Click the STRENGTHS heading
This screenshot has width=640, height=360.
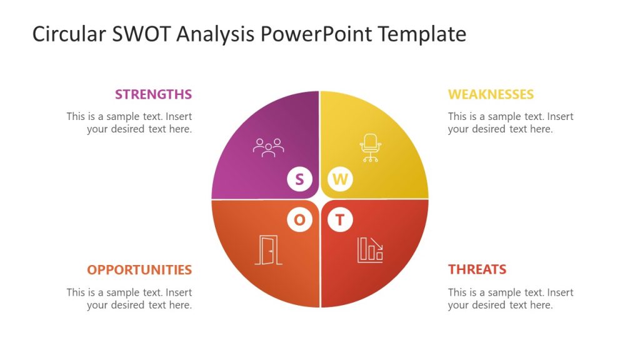[x=153, y=94]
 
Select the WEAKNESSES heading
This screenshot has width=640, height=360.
[x=491, y=94]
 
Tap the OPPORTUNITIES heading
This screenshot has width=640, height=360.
[x=139, y=270]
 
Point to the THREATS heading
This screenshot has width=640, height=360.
[x=477, y=270]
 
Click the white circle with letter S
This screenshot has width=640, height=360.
[x=299, y=180]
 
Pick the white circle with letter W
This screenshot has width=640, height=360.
[x=340, y=180]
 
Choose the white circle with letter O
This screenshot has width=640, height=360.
[x=299, y=220]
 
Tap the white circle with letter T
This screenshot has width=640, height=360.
[x=340, y=220]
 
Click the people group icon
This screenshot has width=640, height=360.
[x=268, y=147]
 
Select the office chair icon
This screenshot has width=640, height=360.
[x=371, y=148]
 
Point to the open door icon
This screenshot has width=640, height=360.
[x=269, y=250]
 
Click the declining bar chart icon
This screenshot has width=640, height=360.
[x=370, y=249]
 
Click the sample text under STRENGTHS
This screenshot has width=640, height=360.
[x=129, y=122]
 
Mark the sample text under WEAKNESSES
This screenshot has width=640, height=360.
[x=510, y=122]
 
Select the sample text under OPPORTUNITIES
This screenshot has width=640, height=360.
[x=129, y=299]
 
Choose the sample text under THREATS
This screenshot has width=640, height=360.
[x=510, y=299]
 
